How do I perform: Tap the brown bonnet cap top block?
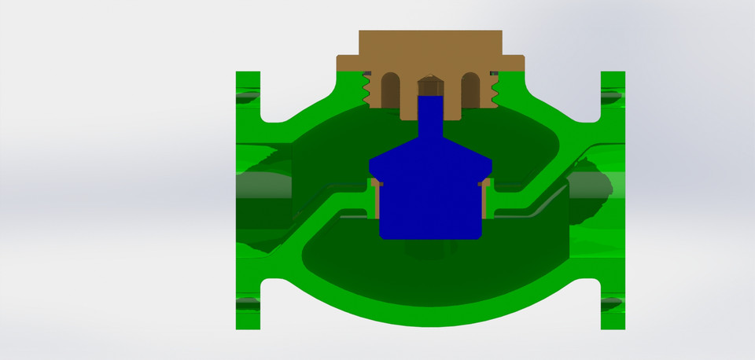pyautogui.click(x=430, y=42)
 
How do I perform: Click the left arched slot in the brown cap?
pyautogui.click(x=390, y=87)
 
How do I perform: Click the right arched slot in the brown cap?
pyautogui.click(x=470, y=87)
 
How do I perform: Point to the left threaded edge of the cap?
pyautogui.click(x=366, y=89)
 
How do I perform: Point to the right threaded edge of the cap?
pyautogui.click(x=495, y=89)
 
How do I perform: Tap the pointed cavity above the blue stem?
pyautogui.click(x=430, y=85)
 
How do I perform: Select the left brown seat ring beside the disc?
pyautogui.click(x=375, y=200)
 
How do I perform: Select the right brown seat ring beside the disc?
pyautogui.click(x=486, y=200)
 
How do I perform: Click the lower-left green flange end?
pyautogui.click(x=248, y=303)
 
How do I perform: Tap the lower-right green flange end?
pyautogui.click(x=613, y=303)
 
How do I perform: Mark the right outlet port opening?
pyautogui.click(x=590, y=189)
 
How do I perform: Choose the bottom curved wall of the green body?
pyautogui.click(x=430, y=314)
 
